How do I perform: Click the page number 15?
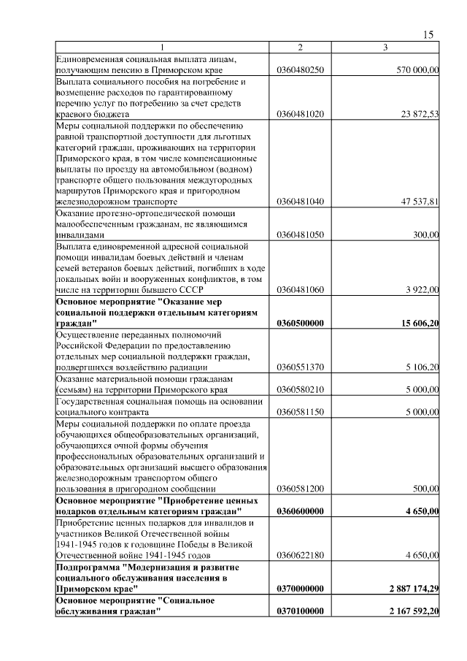[428, 34]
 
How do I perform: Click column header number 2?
[300, 48]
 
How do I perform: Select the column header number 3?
[385, 48]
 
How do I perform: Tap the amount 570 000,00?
[417, 70]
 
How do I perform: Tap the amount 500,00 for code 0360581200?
[425, 488]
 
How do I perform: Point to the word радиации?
[188, 367]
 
